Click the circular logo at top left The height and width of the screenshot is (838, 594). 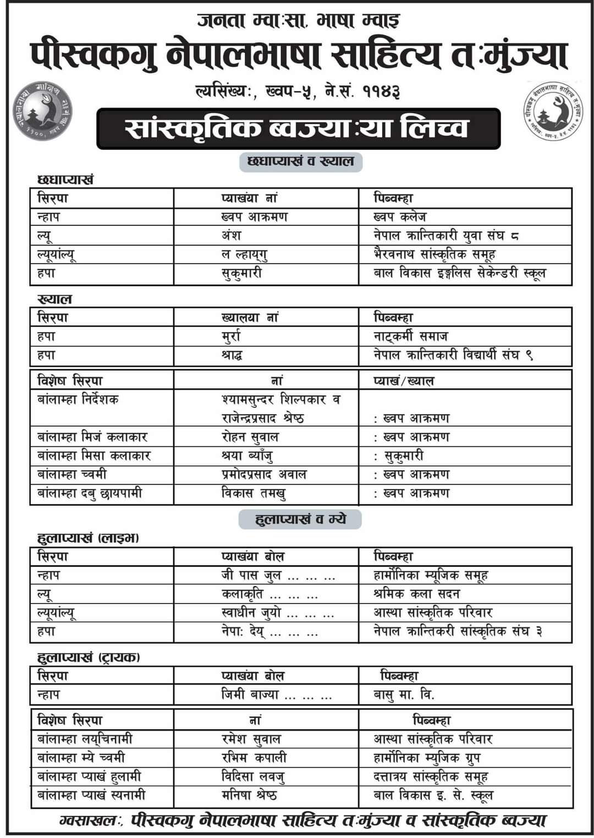[x=42, y=110]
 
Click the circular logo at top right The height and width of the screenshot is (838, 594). [x=552, y=110]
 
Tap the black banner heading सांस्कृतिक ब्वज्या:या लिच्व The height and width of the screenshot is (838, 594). [x=298, y=128]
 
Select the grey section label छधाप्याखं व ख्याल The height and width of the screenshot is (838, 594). [x=301, y=162]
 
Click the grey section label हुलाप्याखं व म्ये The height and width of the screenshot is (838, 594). [x=300, y=519]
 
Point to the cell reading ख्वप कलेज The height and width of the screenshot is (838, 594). [x=400, y=217]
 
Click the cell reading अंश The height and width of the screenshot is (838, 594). [x=232, y=236]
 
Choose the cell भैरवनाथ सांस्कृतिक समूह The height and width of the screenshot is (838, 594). [x=435, y=254]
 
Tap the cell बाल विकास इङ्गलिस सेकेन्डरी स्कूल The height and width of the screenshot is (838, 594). [x=460, y=273]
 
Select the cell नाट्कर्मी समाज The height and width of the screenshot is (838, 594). [x=411, y=336]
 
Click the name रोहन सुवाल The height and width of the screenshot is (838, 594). [x=250, y=437]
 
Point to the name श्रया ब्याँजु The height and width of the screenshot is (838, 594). [x=248, y=456]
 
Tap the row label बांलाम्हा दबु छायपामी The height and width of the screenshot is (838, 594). [x=90, y=493]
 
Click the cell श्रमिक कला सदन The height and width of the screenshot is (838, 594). [x=416, y=594]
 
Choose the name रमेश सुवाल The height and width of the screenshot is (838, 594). [x=251, y=739]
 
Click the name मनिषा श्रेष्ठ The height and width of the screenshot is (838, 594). [x=249, y=795]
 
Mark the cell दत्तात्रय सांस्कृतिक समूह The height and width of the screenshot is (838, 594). [x=431, y=776]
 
